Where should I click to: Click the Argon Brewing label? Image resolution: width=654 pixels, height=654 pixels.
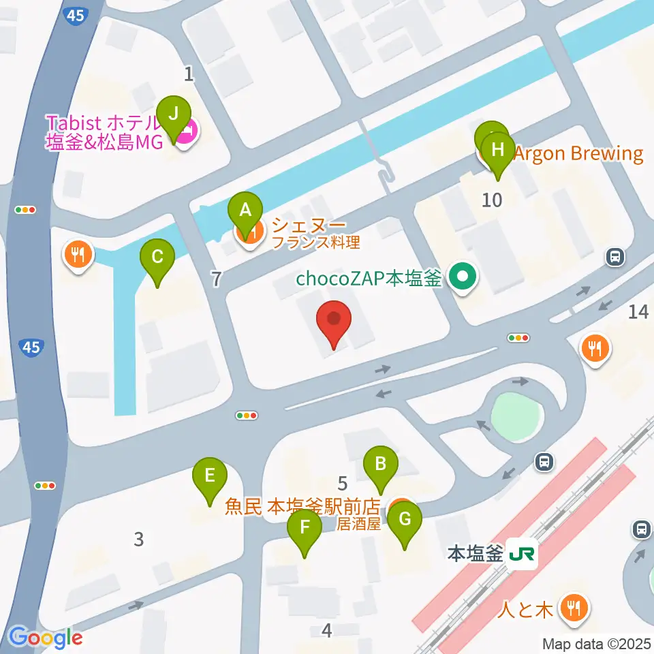click(578, 153)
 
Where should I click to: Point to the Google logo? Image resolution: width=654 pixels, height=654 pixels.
click(46, 638)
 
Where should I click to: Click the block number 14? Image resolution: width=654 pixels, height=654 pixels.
click(638, 312)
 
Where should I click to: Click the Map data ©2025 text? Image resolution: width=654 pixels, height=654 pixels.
click(597, 643)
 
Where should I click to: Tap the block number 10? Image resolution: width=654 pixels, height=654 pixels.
click(492, 200)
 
